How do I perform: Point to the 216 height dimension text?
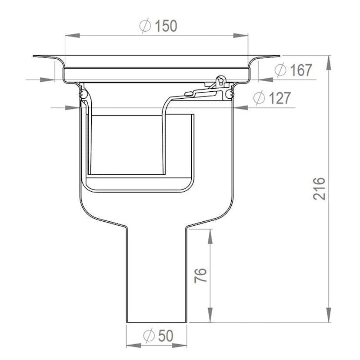319,189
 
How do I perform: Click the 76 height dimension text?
200,275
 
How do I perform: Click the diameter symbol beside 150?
145,26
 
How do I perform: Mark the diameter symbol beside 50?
149,336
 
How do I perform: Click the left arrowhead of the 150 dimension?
72,36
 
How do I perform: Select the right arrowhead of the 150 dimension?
241,36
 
